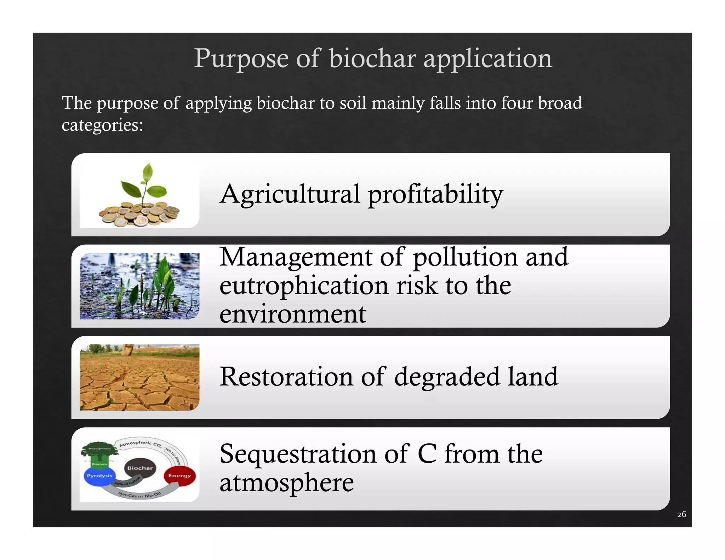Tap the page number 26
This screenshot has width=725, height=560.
point(681,514)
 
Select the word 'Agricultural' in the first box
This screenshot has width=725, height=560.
point(290,194)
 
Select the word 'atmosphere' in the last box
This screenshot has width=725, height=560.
point(286,482)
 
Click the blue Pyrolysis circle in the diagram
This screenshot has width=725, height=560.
point(99,476)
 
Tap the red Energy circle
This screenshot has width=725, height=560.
point(179,476)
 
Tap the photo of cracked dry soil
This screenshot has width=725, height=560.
point(139,377)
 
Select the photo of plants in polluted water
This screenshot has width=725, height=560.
point(139,286)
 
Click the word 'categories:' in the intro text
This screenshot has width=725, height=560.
point(102,125)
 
